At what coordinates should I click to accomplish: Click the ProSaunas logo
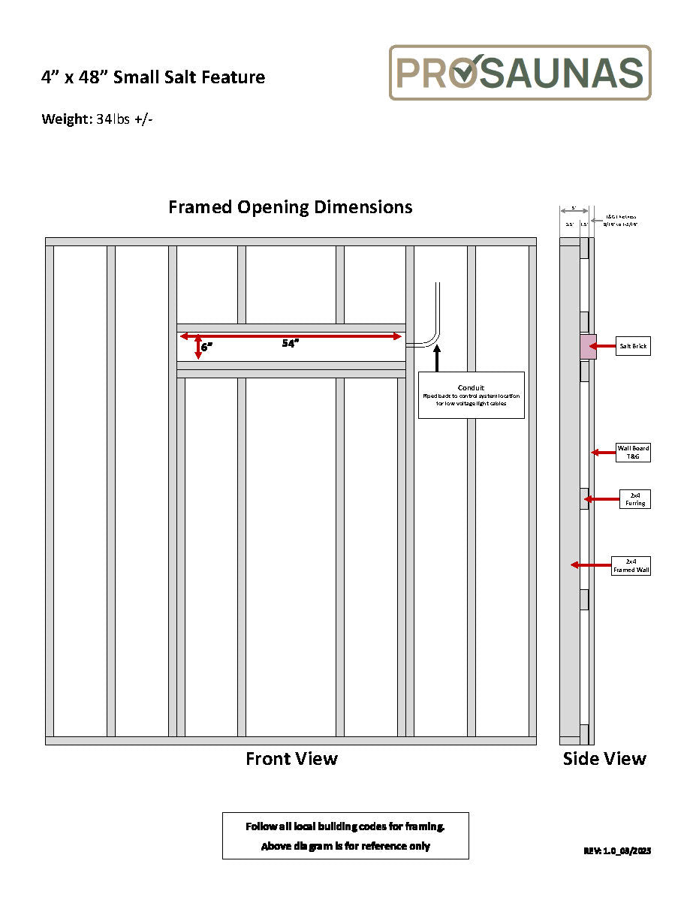(x=520, y=73)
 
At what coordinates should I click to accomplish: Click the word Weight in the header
(x=66, y=119)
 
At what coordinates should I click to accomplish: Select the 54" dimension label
(x=291, y=344)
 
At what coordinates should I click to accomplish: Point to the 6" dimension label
(x=206, y=348)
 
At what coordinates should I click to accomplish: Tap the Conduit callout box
(x=471, y=394)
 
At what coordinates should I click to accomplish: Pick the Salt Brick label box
(x=633, y=346)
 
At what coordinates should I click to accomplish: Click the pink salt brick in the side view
(x=588, y=346)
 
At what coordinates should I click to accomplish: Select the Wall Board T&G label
(x=633, y=452)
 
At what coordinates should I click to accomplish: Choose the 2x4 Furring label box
(x=634, y=498)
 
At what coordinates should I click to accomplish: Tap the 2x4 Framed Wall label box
(x=631, y=565)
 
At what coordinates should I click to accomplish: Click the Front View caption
(x=291, y=759)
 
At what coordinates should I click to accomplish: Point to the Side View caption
(x=604, y=759)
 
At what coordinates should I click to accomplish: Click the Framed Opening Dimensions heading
(x=290, y=207)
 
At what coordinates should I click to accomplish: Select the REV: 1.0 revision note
(x=617, y=850)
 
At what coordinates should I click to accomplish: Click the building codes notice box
(x=345, y=835)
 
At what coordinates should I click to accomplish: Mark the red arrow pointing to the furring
(x=601, y=498)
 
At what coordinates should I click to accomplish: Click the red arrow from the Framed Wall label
(x=591, y=564)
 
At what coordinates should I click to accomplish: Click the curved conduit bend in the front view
(x=431, y=339)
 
